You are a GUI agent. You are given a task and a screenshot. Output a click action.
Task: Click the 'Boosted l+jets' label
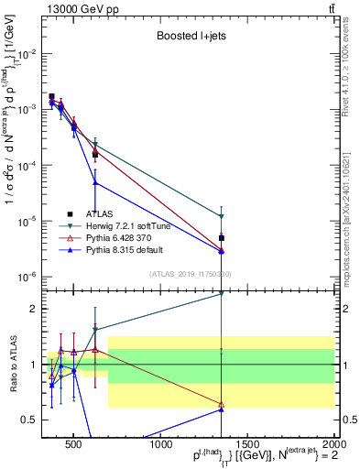pos(192,38)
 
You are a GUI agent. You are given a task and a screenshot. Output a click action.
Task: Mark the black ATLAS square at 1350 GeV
pos(222,238)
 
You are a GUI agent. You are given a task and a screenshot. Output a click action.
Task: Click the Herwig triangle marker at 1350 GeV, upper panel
pos(222,217)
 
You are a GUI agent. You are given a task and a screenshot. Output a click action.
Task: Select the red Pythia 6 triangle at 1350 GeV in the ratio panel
pos(222,404)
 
